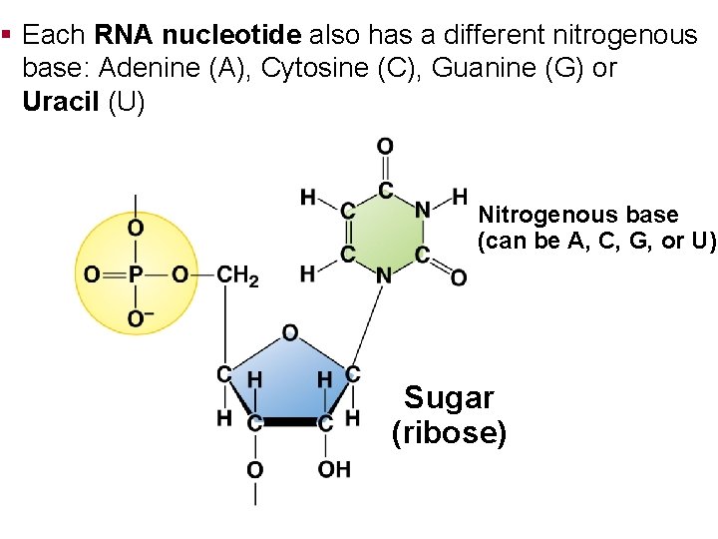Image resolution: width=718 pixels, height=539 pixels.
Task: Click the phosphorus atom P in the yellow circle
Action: [x=136, y=273]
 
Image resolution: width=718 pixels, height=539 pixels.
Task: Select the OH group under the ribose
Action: [x=334, y=468]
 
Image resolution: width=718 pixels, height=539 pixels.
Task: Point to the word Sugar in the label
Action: [x=449, y=398]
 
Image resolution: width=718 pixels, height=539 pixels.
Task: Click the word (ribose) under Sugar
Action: [x=449, y=433]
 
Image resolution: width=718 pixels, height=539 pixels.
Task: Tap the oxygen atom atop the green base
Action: [x=385, y=148]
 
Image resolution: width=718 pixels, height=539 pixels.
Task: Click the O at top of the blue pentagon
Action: [x=289, y=332]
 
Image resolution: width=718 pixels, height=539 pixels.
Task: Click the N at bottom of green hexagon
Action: [x=384, y=274]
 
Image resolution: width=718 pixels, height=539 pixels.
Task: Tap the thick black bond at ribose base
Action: [x=289, y=422]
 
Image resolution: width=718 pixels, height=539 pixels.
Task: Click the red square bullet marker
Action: [x=7, y=35]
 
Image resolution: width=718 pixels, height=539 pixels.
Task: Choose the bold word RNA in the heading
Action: [x=125, y=36]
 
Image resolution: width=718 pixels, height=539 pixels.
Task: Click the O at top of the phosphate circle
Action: [x=137, y=229]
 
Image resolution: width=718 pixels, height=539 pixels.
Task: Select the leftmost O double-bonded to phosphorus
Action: [x=90, y=273]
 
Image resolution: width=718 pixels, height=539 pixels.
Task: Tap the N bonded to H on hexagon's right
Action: [x=423, y=210]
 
